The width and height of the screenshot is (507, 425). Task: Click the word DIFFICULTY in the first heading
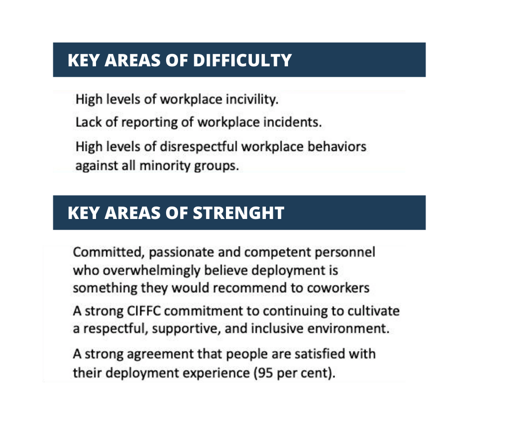click(243, 60)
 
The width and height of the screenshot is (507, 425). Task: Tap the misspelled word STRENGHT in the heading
click(238, 213)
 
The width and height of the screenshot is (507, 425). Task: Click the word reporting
click(149, 123)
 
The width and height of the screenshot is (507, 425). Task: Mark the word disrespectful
click(198, 147)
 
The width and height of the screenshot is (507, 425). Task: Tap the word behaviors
click(337, 147)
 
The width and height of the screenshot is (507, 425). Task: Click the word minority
click(165, 166)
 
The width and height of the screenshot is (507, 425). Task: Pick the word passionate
click(181, 252)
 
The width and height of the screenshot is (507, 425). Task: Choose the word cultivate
click(373, 311)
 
